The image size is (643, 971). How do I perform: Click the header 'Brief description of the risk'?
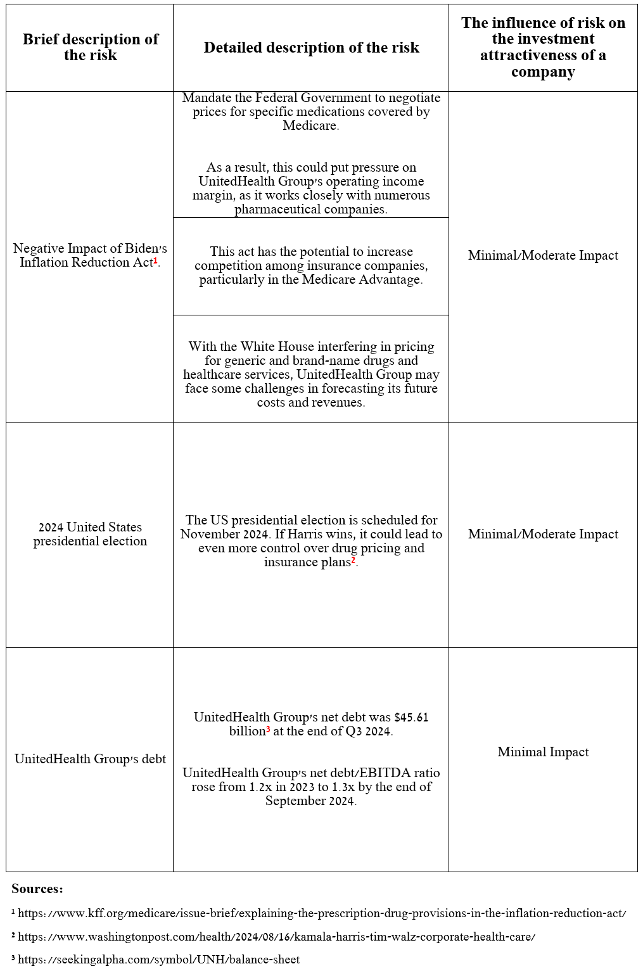[x=90, y=48]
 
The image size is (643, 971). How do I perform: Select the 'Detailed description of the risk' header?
[x=311, y=48]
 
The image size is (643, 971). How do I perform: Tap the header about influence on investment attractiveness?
[x=543, y=48]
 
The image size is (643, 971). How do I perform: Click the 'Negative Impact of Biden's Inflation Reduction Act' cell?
[x=90, y=255]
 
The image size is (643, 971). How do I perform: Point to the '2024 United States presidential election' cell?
[x=90, y=534]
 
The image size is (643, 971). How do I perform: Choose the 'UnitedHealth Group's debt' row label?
[x=90, y=759]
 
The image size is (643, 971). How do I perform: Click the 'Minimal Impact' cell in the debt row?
[x=543, y=752]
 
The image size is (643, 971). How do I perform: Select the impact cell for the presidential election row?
[x=543, y=534]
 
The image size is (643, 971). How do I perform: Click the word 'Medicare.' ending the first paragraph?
[x=310, y=125]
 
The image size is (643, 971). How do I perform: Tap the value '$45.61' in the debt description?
[x=411, y=717]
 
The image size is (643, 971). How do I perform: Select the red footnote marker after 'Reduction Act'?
[x=156, y=260]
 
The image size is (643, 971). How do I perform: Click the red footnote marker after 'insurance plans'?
[x=353, y=560]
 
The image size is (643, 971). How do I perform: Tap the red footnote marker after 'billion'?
[x=268, y=729]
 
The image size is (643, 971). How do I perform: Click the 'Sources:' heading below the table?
[x=37, y=889]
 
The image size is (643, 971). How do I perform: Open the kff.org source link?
[x=322, y=913]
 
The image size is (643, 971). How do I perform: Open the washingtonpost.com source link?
[x=276, y=937]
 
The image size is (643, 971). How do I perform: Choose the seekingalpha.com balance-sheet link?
[x=158, y=960]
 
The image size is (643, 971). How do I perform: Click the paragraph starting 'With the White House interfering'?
[x=311, y=374]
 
